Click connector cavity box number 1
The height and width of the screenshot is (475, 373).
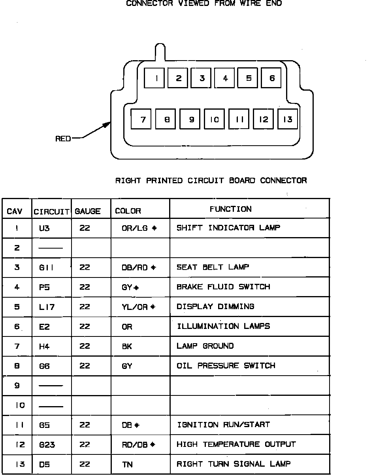click(154, 78)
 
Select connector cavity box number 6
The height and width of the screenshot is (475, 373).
click(271, 78)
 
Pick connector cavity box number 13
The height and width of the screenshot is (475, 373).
click(288, 119)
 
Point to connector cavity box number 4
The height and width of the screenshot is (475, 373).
click(224, 78)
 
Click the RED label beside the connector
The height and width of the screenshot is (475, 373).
click(63, 139)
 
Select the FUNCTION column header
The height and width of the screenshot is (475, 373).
click(230, 209)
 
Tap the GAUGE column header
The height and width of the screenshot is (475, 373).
click(87, 211)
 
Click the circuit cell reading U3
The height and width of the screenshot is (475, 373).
click(44, 228)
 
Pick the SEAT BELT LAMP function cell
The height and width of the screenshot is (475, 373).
click(213, 267)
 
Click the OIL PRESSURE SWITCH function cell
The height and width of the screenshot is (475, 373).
click(226, 366)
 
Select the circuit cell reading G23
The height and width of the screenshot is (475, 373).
click(47, 445)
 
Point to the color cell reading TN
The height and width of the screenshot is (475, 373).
click(127, 464)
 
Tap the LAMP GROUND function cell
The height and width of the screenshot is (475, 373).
click(205, 346)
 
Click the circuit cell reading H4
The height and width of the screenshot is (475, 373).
click(44, 346)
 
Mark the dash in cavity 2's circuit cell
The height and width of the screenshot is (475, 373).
click(51, 248)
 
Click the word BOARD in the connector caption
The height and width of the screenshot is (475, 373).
click(243, 180)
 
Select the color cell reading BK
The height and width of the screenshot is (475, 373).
click(127, 346)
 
